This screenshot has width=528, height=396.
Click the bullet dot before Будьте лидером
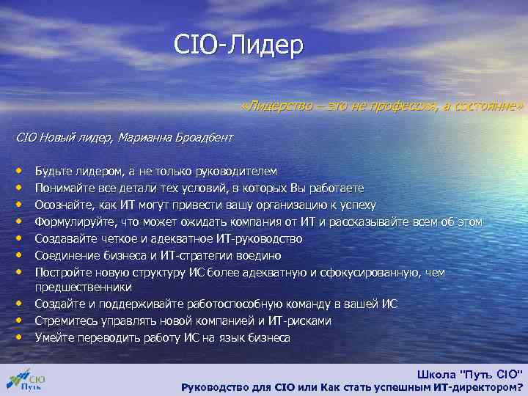tap(22, 171)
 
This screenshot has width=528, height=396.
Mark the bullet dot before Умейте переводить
tap(22, 338)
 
